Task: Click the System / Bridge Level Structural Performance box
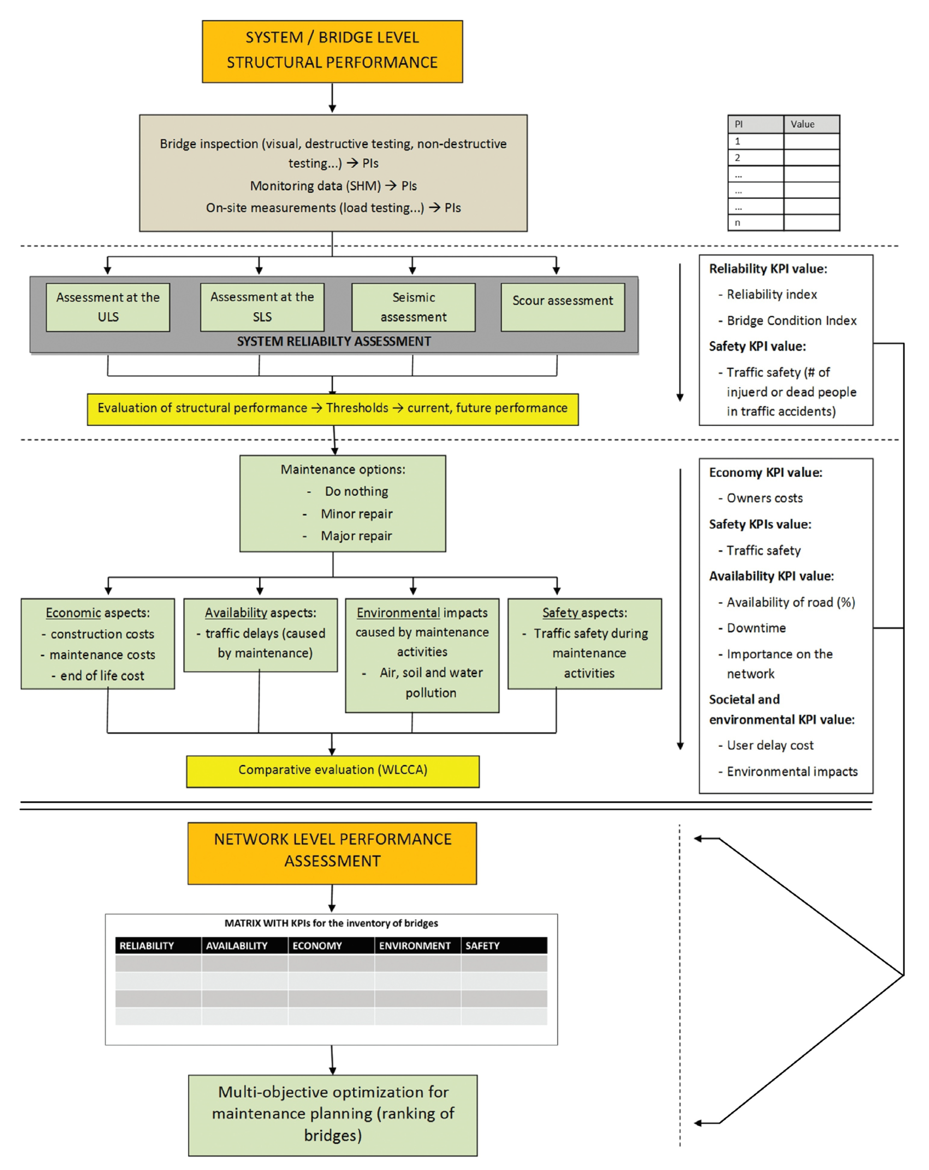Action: [332, 52]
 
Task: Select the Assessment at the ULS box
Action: [108, 307]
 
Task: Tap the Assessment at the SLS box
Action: [262, 307]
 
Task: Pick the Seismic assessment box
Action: [413, 307]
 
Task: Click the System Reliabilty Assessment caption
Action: [334, 341]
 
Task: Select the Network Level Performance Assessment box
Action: [332, 853]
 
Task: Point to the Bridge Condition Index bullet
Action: [791, 321]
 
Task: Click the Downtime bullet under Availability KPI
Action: [756, 628]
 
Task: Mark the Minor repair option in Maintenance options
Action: [356, 514]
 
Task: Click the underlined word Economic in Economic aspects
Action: [73, 613]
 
